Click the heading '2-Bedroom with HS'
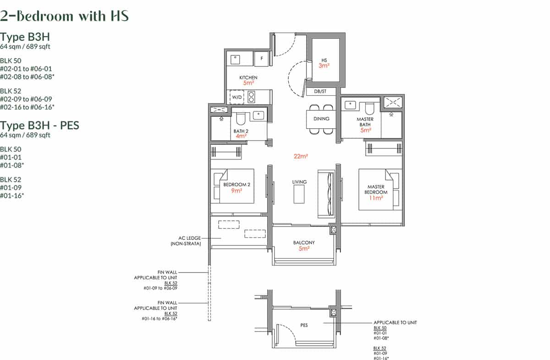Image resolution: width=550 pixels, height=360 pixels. click(65, 16)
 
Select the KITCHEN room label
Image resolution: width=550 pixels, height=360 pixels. click(248, 77)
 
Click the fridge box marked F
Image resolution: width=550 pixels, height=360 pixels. click(261, 59)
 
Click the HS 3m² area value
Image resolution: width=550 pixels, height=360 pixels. click(324, 65)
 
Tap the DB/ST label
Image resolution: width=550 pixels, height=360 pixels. click(320, 92)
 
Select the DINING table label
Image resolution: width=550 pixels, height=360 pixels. click(321, 119)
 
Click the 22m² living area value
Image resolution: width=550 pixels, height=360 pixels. click(300, 156)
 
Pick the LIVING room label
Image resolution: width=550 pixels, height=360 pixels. click(299, 182)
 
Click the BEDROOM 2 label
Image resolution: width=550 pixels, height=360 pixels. click(236, 185)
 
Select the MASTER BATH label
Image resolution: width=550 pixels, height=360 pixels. click(365, 122)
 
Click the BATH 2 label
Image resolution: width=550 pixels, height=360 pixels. click(241, 131)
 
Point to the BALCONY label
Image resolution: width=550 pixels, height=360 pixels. click(304, 242)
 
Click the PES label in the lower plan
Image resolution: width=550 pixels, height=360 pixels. click(304, 325)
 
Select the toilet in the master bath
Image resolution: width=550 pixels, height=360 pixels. click(369, 108)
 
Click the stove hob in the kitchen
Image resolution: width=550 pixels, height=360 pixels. click(251, 97)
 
